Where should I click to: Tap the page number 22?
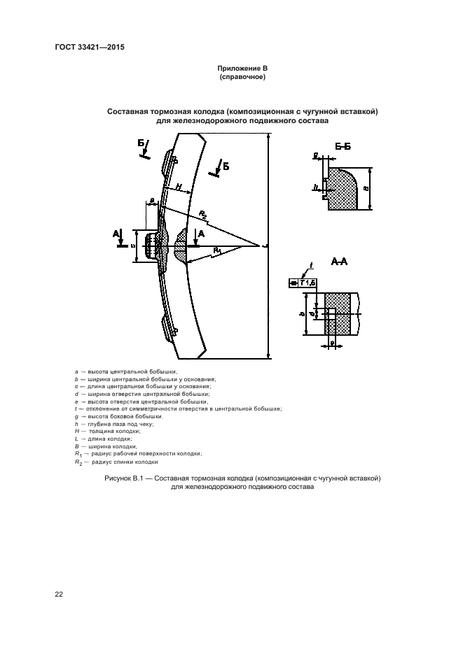[x=59, y=595]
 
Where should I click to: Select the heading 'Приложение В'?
[x=242, y=68]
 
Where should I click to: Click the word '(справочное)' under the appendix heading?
[x=242, y=76]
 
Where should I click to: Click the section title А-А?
[x=340, y=262]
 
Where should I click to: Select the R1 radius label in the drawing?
[x=218, y=250]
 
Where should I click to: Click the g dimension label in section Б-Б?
[x=317, y=155]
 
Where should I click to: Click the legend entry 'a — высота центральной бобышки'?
[x=125, y=371]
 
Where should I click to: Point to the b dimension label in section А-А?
[x=302, y=314]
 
